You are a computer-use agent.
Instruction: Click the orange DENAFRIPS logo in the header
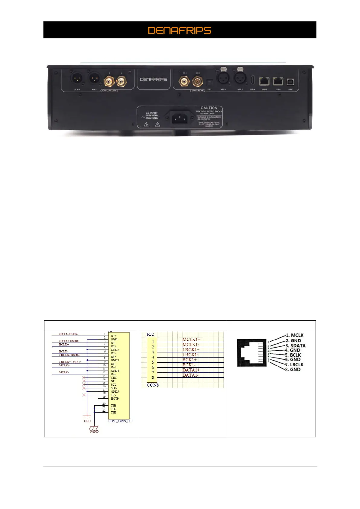tap(180, 30)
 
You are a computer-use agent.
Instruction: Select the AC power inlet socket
tap(180, 117)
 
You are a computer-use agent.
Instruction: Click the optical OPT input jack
tap(209, 83)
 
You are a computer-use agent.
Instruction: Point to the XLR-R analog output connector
tap(76, 79)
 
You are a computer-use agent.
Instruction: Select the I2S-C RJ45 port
tap(278, 81)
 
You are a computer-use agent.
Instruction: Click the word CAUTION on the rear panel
tap(209, 108)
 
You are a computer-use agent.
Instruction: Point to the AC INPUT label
tap(152, 113)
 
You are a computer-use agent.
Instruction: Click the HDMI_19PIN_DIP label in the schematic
tap(120, 421)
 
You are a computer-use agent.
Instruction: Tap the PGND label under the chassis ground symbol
tap(94, 431)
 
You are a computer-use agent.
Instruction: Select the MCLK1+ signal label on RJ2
tap(191, 339)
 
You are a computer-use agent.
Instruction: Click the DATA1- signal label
tap(190, 375)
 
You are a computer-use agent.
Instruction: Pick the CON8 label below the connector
tap(153, 385)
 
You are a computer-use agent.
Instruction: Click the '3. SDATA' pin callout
tap(295, 345)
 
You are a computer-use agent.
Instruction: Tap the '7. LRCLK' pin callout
tap(294, 365)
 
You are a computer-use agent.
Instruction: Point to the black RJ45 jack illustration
tap(251, 353)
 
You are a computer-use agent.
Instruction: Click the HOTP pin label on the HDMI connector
tap(115, 399)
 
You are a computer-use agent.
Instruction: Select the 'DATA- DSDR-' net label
tap(69, 334)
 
